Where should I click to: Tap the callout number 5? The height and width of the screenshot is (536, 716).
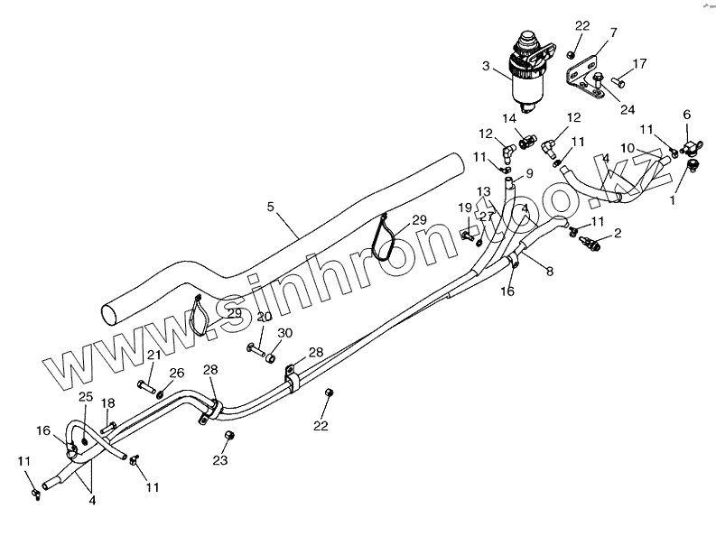pyautogui.click(x=270, y=207)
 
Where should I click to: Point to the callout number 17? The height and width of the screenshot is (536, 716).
pyautogui.click(x=639, y=63)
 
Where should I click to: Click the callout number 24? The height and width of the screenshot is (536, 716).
pyautogui.click(x=628, y=109)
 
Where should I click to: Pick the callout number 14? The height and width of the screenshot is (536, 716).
pyautogui.click(x=509, y=118)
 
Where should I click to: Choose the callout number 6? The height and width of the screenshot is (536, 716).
pyautogui.click(x=686, y=115)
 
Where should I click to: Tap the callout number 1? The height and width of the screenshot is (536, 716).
pyautogui.click(x=672, y=201)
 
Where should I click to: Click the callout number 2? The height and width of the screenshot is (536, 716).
pyautogui.click(x=618, y=233)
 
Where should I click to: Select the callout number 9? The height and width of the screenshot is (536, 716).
pyautogui.click(x=529, y=173)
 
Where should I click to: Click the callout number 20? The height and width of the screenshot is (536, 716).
pyautogui.click(x=264, y=317)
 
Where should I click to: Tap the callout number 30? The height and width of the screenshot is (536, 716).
pyautogui.click(x=285, y=332)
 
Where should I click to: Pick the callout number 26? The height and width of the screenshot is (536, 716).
pyautogui.click(x=177, y=372)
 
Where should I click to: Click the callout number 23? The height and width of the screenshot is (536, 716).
pyautogui.click(x=220, y=459)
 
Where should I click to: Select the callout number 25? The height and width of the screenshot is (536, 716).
pyautogui.click(x=86, y=397)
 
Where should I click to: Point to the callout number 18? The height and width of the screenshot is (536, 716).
pyautogui.click(x=107, y=402)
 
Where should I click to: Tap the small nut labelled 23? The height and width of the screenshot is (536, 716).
pyautogui.click(x=228, y=437)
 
